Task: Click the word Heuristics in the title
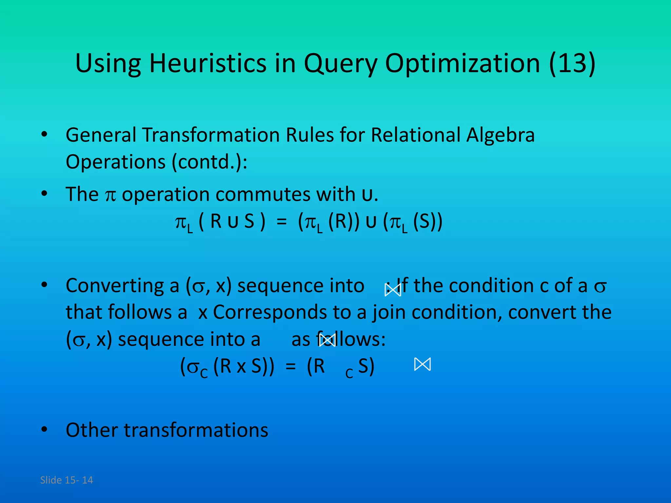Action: pos(208,63)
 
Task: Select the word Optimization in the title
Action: pos(462,63)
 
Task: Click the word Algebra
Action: pos(500,135)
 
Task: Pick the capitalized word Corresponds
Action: pos(270,312)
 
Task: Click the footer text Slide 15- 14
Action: pos(67,480)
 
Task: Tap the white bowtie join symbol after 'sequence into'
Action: pos(393,290)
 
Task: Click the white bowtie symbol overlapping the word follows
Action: pos(328,340)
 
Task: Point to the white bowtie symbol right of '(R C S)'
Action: pos(422,364)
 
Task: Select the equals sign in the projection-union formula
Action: pos(281,222)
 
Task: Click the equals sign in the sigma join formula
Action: pos(290,367)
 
